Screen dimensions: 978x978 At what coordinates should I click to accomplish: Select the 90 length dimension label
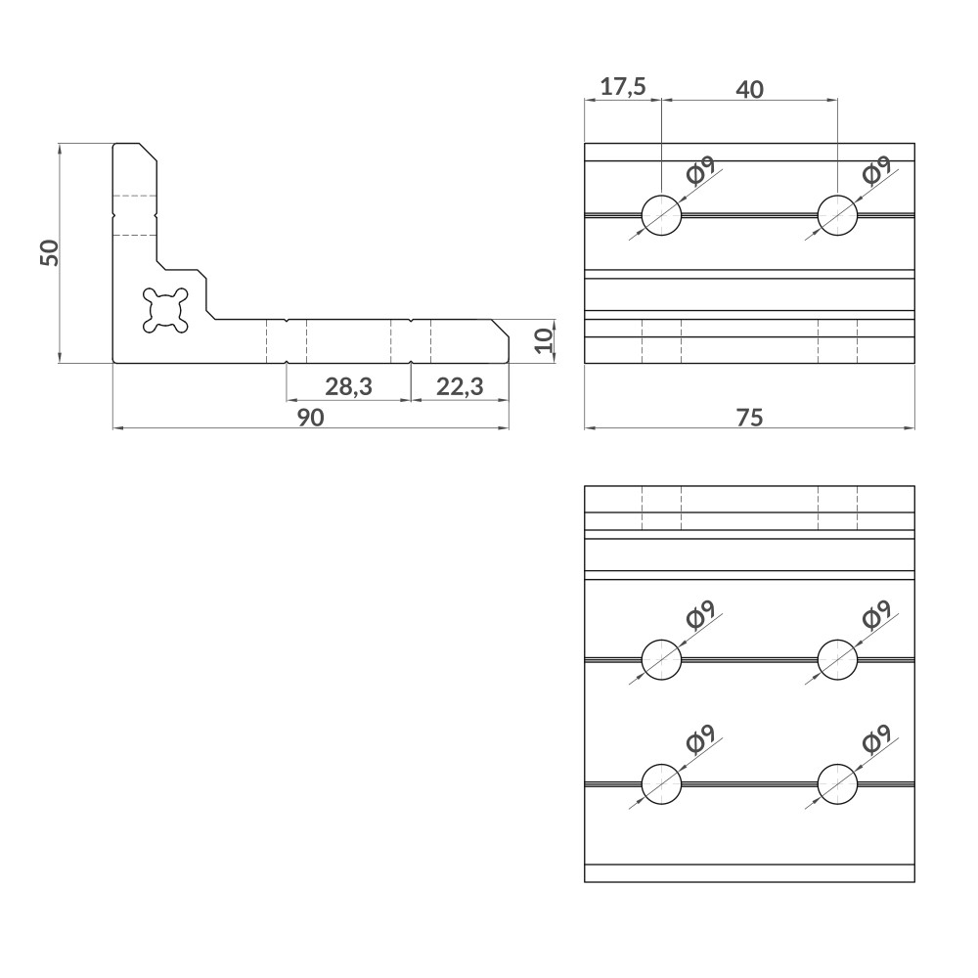point(310,418)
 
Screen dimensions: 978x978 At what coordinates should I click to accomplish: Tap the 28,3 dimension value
point(348,386)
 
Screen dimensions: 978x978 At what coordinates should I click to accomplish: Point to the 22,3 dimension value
point(460,386)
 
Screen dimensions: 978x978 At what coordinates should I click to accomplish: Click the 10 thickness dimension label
point(545,340)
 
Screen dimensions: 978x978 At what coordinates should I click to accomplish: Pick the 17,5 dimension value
point(623,87)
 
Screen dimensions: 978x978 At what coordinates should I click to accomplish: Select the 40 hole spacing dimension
point(749,89)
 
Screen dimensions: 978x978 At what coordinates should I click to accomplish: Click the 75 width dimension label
point(749,418)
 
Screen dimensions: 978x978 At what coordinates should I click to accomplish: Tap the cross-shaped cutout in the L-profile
point(164,309)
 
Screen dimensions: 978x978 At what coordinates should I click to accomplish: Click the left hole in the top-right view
point(661,214)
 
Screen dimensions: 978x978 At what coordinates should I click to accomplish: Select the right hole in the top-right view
point(837,214)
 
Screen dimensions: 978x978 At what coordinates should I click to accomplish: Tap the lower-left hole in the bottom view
point(661,784)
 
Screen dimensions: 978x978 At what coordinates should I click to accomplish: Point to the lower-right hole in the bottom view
point(837,784)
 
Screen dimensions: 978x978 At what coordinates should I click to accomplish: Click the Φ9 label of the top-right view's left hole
point(700,170)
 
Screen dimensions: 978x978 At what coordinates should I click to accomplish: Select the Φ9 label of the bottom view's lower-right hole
point(876,740)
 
